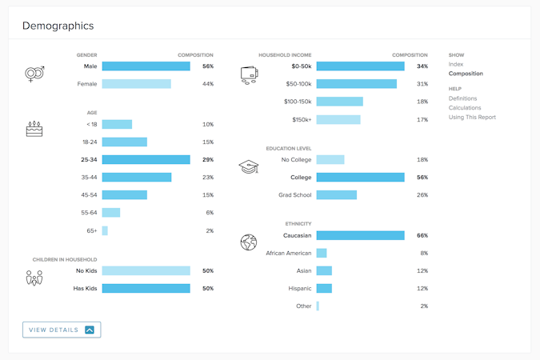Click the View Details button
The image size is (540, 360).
62,330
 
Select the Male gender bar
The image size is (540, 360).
146,66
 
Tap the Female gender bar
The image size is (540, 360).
136,84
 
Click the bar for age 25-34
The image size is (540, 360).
146,159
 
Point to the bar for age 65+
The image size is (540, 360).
105,230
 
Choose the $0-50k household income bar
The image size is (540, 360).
360,66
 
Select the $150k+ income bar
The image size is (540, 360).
338,120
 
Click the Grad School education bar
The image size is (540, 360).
336,195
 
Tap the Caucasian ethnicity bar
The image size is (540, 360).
360,236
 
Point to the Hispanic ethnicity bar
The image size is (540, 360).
324,289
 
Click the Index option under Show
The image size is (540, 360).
456,65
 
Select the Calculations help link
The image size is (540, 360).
465,108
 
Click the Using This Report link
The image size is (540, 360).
472,118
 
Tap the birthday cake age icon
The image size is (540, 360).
34,129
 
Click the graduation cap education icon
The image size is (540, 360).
249,167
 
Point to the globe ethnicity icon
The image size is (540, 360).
249,242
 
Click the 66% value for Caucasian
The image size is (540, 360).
422,236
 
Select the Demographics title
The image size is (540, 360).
58,26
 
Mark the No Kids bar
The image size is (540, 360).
146,271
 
